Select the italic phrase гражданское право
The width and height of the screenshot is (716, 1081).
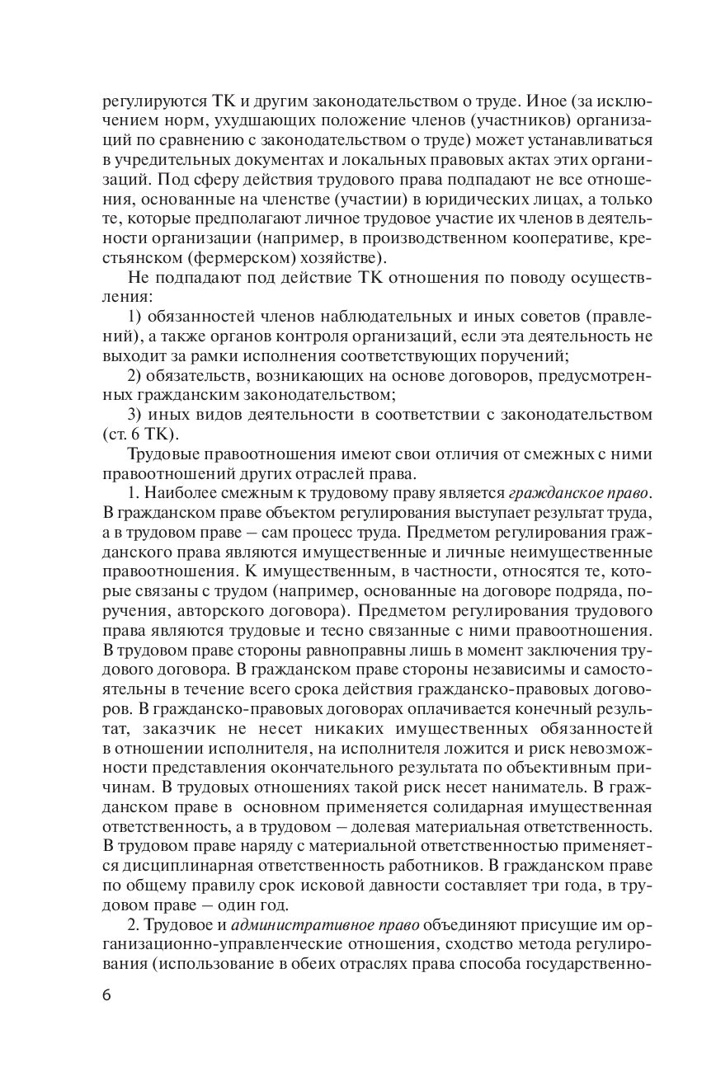pos(580,494)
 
